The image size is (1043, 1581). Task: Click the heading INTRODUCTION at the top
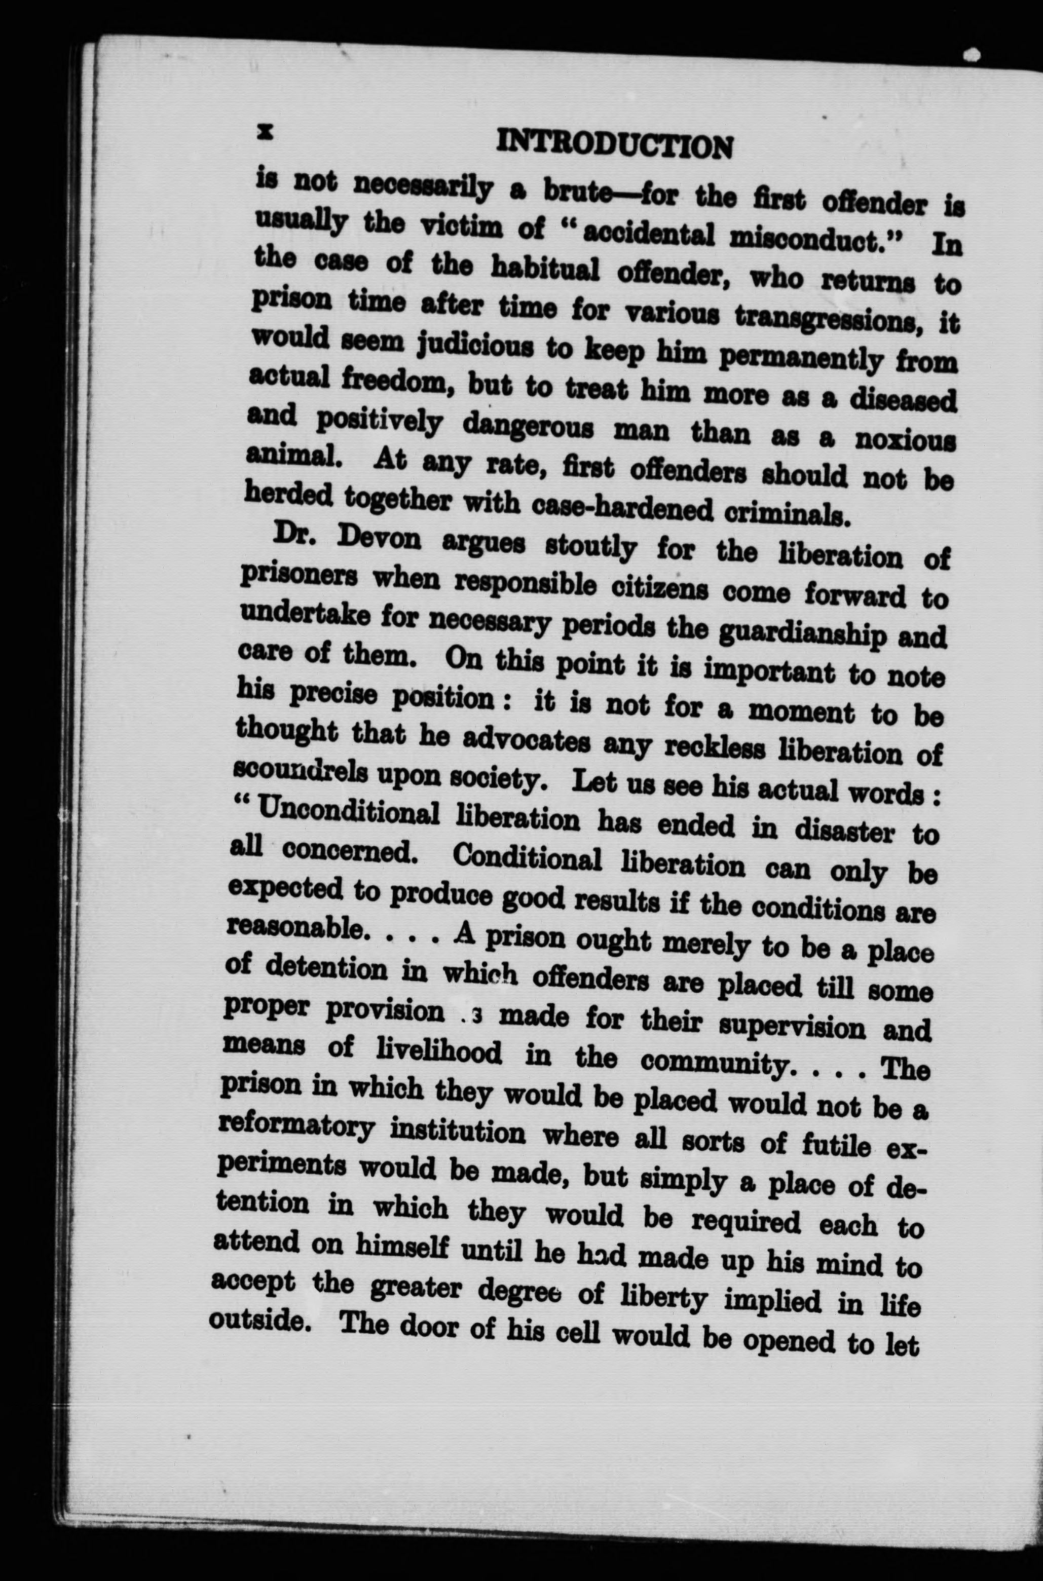615,145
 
